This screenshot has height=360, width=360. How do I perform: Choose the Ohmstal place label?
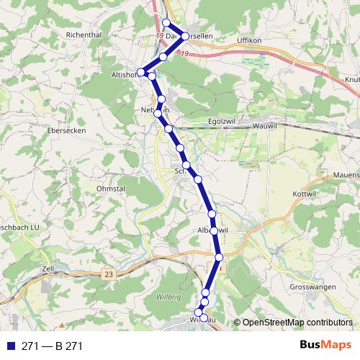111,190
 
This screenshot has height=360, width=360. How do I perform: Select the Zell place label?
49,268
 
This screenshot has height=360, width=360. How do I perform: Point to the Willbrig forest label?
168,297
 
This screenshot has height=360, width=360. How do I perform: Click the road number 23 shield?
109,274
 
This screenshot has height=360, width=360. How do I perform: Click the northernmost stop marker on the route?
167,23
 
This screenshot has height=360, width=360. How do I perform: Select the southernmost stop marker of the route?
203,318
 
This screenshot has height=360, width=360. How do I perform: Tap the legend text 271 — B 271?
52,346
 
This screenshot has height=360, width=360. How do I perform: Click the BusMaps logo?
326,346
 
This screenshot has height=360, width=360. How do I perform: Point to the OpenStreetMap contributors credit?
297,323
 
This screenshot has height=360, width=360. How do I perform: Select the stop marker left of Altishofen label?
142,72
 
